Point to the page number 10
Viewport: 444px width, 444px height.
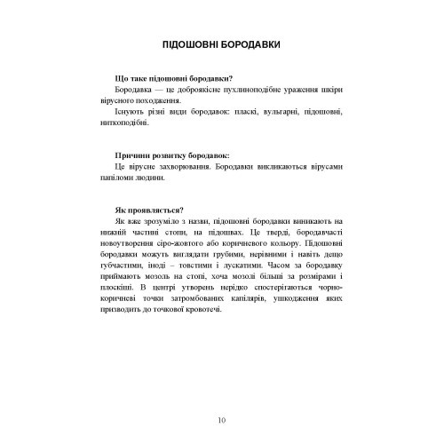[221, 419]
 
